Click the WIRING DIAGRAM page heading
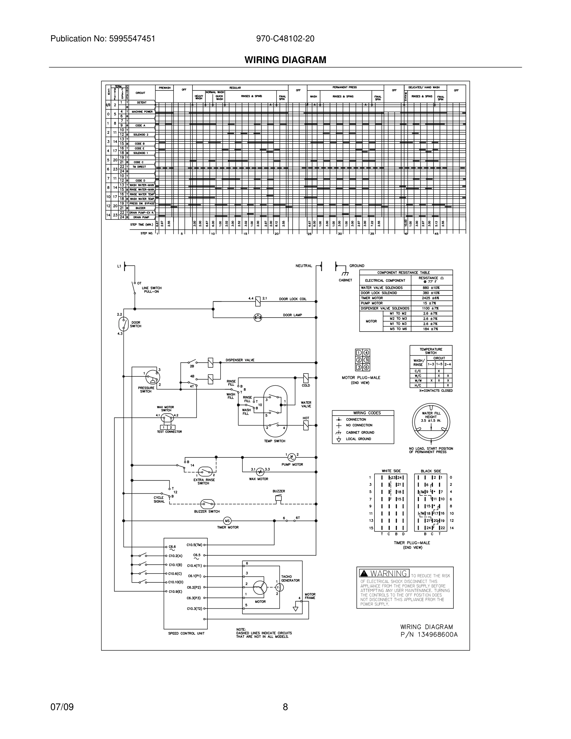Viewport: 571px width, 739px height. [285, 60]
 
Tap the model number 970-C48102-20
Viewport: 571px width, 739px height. [285, 39]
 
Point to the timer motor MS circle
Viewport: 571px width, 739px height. [227, 521]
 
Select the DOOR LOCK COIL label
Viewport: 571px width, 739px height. [293, 299]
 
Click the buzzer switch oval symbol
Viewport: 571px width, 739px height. [207, 504]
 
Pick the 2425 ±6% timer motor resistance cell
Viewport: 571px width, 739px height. [431, 298]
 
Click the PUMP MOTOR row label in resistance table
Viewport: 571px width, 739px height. [372, 303]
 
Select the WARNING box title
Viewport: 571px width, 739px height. [384, 573]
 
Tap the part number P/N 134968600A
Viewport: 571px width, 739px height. [429, 634]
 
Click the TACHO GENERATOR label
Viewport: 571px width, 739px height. [290, 579]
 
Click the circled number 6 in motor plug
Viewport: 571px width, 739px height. [366, 367]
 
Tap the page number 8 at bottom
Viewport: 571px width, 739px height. [285, 707]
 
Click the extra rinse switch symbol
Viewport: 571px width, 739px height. [205, 471]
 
